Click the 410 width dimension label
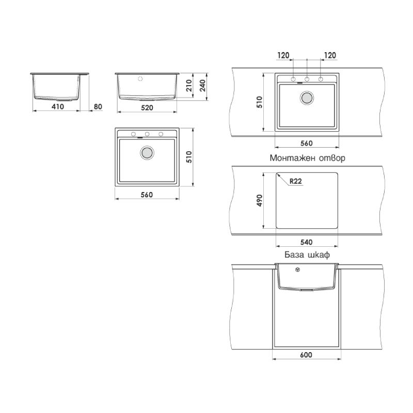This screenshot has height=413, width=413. [58, 106]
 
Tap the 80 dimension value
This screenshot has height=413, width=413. [98, 106]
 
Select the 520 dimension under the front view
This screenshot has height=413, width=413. [147, 107]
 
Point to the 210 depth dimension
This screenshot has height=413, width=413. [189, 86]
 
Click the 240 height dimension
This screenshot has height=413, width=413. [202, 86]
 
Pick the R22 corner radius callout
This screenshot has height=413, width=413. [295, 181]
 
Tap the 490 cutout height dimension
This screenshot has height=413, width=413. [260, 200]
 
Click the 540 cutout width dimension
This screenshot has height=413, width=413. [306, 242]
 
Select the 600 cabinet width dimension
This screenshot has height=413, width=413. [306, 355]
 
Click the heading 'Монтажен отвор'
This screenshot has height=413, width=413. [307, 158]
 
